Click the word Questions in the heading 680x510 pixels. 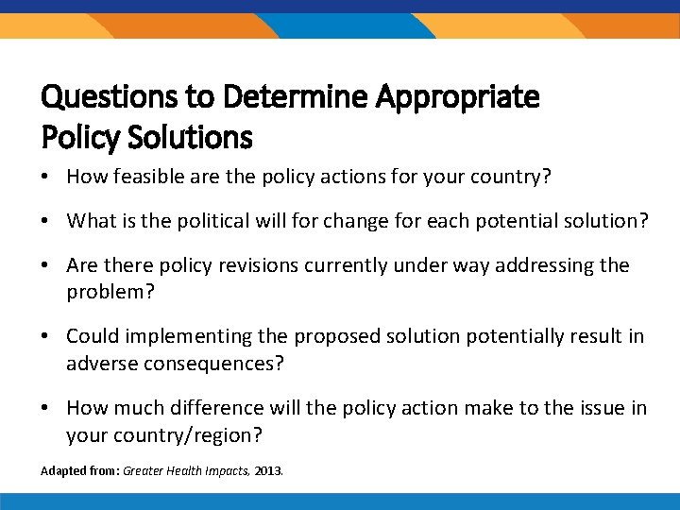coord(105,96)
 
